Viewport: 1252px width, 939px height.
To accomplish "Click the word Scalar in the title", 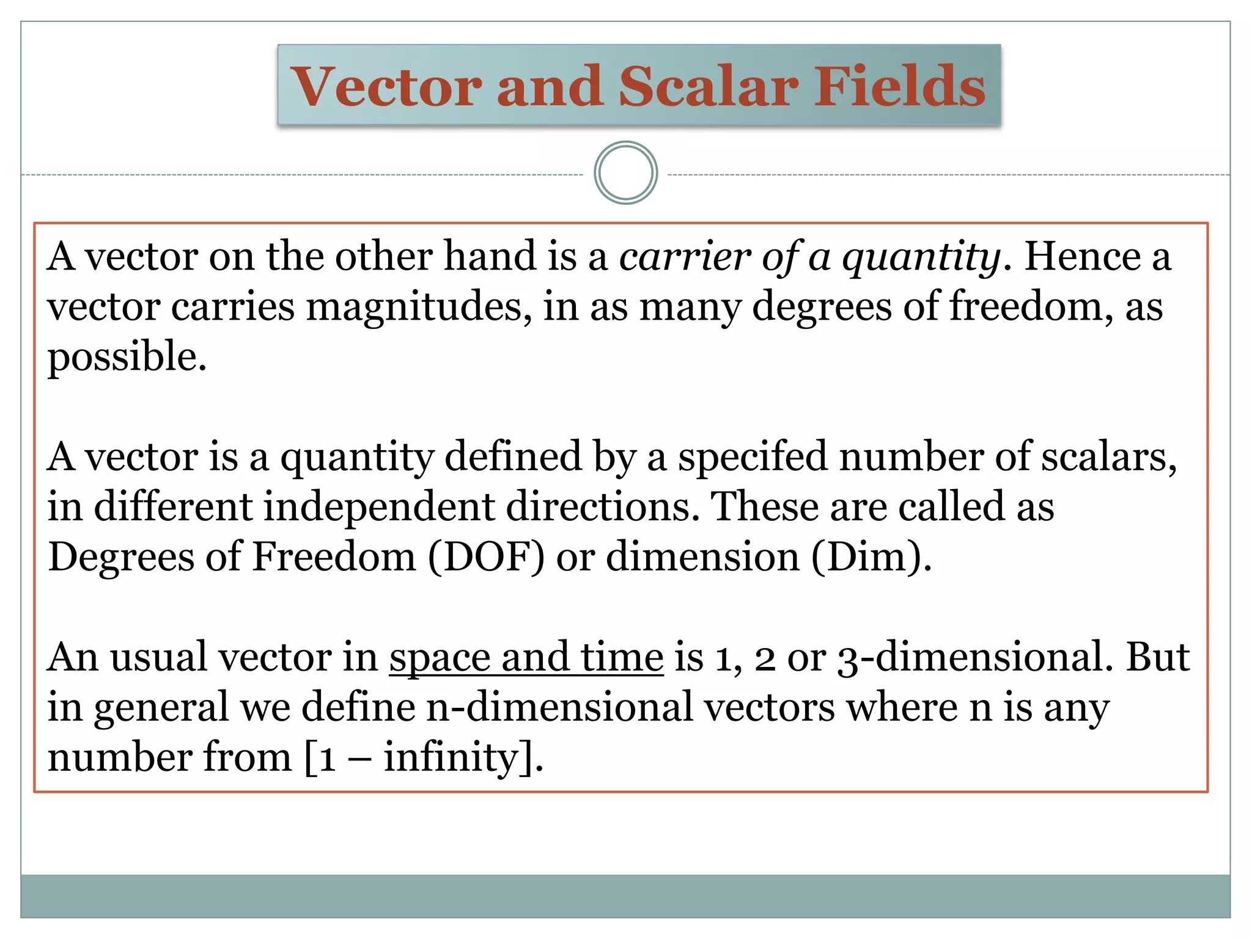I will pyautogui.click(x=708, y=86).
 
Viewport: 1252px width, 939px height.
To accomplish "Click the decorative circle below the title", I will pyautogui.click(x=625, y=173).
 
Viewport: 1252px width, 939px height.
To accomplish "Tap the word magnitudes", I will pyautogui.click(x=418, y=307).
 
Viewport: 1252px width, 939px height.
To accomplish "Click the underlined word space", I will pyautogui.click(x=440, y=658).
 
